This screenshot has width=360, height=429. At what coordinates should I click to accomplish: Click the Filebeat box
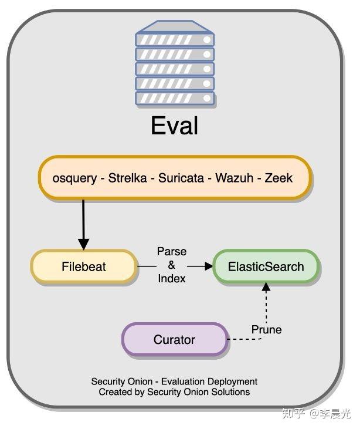click(x=84, y=266)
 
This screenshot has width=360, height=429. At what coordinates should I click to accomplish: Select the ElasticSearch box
click(x=266, y=266)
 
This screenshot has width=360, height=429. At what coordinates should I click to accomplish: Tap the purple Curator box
click(x=174, y=339)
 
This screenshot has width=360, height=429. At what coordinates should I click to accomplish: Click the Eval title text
click(x=174, y=126)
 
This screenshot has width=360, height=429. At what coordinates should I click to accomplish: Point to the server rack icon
click(x=175, y=65)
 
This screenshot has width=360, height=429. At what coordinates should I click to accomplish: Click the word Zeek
click(x=279, y=178)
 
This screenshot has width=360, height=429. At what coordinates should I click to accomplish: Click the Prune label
click(x=266, y=330)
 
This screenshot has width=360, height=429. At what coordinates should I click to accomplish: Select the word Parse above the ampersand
click(x=171, y=252)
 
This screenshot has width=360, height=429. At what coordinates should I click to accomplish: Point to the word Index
click(x=171, y=279)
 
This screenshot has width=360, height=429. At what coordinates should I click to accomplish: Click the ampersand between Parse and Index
click(x=171, y=265)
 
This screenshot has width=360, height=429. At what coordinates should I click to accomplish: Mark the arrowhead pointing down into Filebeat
click(x=83, y=243)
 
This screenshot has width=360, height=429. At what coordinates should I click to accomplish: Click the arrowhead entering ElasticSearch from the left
click(x=208, y=266)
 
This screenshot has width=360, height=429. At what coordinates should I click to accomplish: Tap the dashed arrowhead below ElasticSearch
click(x=266, y=287)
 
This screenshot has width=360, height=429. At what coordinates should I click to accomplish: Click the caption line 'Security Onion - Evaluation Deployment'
click(x=174, y=381)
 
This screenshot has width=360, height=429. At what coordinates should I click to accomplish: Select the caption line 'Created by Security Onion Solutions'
click(x=174, y=391)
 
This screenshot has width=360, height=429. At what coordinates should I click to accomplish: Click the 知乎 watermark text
click(x=293, y=413)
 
